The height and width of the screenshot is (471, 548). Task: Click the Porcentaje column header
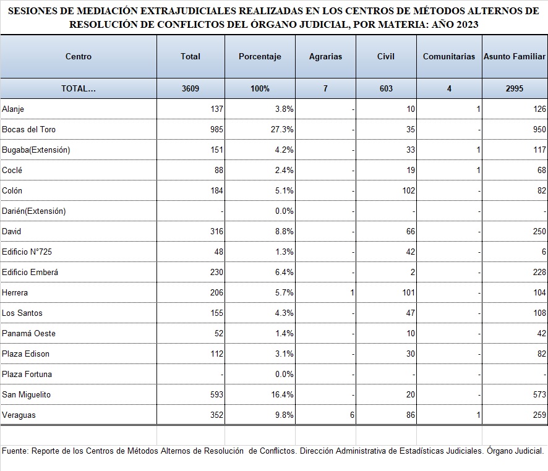click(260, 57)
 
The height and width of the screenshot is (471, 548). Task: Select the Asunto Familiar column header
click(515, 57)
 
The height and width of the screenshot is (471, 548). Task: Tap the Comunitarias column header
click(449, 57)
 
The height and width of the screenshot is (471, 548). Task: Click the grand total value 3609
click(191, 88)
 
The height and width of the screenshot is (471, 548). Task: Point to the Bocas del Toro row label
click(28, 130)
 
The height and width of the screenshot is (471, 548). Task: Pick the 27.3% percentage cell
click(282, 130)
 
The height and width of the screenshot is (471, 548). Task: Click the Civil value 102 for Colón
click(409, 190)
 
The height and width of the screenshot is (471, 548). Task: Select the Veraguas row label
click(19, 415)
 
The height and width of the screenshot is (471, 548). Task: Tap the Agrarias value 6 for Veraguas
click(352, 415)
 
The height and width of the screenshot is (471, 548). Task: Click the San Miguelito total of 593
click(216, 394)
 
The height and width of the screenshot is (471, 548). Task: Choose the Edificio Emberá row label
click(30, 273)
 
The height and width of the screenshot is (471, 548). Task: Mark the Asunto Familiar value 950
click(539, 130)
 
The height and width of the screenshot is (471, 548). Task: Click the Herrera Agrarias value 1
click(353, 292)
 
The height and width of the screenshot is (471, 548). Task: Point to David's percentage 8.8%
click(284, 232)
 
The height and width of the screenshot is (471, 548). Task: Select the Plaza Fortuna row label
click(27, 375)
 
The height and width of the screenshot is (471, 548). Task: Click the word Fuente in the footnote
click(15, 451)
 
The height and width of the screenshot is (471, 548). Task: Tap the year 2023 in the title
click(466, 25)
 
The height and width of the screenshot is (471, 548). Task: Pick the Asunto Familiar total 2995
click(515, 88)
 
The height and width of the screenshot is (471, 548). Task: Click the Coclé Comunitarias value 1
click(478, 171)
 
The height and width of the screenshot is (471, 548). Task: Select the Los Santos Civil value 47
click(411, 313)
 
